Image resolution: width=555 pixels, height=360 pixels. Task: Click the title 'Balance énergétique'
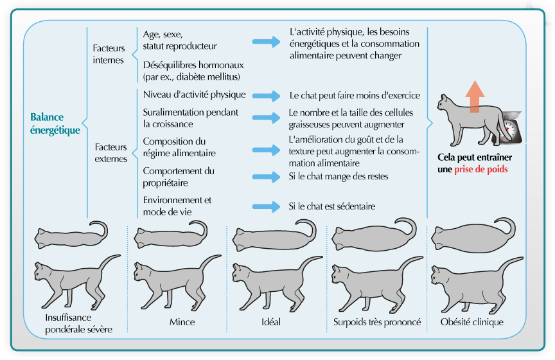pos(55,123)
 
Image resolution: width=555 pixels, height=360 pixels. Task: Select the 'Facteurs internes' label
pos(109,54)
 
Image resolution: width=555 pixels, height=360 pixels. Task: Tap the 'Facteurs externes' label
pos(110,153)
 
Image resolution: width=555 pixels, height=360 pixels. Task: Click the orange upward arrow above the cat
pos(475,96)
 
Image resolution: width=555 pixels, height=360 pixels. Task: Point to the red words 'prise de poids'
pos(481,169)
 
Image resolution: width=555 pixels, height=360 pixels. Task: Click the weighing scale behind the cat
pos(509,126)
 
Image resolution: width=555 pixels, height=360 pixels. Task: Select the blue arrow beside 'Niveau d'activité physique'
pos(266,95)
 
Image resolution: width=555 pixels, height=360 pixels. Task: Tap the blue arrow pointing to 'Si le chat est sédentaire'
pos(266,206)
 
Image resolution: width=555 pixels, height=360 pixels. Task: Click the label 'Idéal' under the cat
pos(271,321)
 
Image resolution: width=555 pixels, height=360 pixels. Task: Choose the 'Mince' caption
pos(182,321)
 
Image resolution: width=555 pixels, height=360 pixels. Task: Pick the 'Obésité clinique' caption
pos(472,321)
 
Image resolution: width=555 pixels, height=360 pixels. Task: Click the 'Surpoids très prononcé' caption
pos(377,321)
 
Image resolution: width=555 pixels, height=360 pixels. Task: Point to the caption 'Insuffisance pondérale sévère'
pos(78,323)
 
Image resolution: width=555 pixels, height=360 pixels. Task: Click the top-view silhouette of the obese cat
pos(473,235)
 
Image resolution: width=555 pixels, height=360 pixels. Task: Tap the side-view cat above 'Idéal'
pos(277,283)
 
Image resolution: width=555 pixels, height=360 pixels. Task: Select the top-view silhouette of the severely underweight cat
pos(71,235)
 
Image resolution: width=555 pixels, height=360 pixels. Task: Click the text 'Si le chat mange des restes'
pos(339,176)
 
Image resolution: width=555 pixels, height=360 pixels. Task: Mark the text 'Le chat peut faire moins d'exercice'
pos(355,95)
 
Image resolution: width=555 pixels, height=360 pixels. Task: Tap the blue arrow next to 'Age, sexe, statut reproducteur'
pos(266,42)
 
